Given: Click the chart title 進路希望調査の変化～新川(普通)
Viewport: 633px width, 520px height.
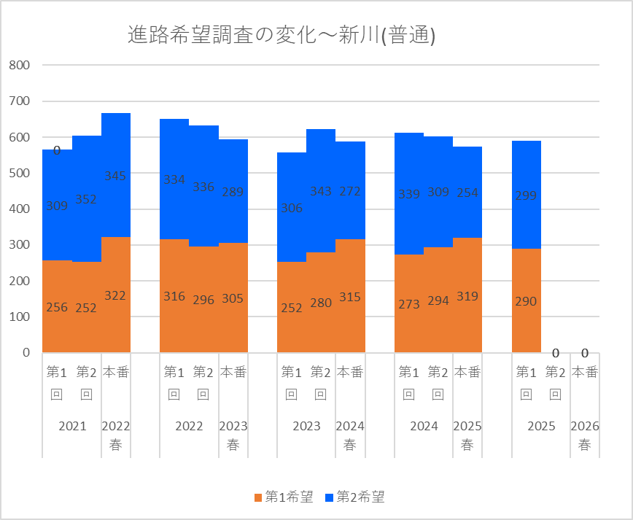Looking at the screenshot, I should pos(281,36).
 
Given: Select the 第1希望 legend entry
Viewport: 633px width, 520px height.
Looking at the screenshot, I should pos(283,497).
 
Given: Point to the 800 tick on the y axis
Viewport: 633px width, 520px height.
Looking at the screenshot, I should pos(19,65).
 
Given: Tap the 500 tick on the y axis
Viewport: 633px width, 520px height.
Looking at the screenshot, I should pos(19,173).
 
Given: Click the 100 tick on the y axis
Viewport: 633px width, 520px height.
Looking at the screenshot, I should pos(19,317).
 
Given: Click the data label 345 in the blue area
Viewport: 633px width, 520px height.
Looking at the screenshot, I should pos(115,176).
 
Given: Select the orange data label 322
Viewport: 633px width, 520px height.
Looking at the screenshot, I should pos(115,295).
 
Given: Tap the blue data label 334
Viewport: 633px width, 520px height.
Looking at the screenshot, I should pos(174,179).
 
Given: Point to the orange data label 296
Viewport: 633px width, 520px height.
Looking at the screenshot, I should pos(203,300).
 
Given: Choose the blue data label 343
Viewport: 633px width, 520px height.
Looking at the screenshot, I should pos(321,191).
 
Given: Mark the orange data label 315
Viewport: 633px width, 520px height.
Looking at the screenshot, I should pos(350,297).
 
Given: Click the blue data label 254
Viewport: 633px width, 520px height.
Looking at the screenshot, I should pos(467,193).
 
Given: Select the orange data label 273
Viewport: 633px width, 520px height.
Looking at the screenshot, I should pos(409,304).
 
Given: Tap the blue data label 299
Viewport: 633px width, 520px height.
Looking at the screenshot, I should pos(526,195).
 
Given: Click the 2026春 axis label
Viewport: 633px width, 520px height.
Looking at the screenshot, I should pos(585,435).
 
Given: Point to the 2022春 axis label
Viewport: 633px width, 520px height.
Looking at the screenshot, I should pos(116,435).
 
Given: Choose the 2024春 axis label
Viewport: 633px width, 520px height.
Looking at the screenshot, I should pos(350,435).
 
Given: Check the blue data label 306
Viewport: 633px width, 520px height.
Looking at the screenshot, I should pos(292,208).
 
